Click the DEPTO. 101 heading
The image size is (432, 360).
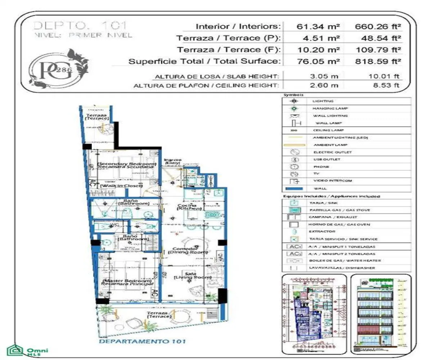[80, 26]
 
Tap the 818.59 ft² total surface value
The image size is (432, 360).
[378, 61]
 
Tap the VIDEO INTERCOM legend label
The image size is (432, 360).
[327, 181]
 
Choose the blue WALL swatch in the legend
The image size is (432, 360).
[294, 188]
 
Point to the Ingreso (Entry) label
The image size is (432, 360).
[172, 162]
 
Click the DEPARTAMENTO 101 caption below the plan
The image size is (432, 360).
[142, 341]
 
